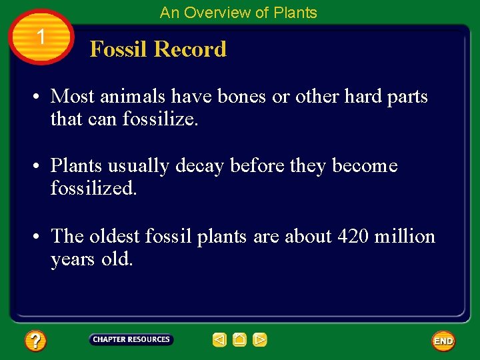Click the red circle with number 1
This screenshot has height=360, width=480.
pyautogui.click(x=41, y=37)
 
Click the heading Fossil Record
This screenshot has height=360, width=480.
pyautogui.click(x=158, y=49)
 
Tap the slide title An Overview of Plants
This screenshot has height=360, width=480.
pyautogui.click(x=238, y=12)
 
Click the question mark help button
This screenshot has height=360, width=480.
pyautogui.click(x=35, y=341)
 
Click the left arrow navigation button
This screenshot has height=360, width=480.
pyautogui.click(x=219, y=340)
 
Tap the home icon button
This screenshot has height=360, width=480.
pyautogui.click(x=240, y=340)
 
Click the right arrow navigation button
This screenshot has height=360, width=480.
pyautogui.click(x=260, y=340)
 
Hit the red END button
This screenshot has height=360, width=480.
pyautogui.click(x=443, y=341)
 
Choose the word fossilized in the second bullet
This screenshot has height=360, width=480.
pyautogui.click(x=92, y=189)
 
